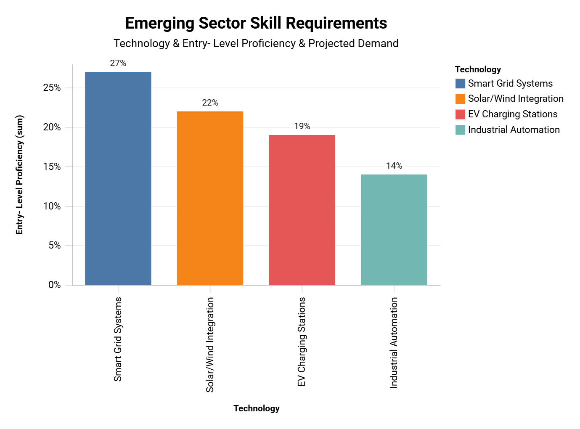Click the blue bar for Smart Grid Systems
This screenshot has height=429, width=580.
pos(118,178)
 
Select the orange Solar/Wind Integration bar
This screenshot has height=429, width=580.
pos(210,198)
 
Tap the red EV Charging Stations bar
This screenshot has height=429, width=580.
pos(302,210)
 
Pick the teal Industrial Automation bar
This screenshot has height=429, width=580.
pos(394,230)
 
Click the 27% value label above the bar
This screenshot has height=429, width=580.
pos(118,63)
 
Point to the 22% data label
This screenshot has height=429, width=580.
pos(210,103)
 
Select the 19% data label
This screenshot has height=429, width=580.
pos(302,126)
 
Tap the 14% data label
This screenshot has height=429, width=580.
pos(394,166)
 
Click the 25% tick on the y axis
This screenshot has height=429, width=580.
pos(52,88)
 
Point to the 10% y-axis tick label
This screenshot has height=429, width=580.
pos(52,206)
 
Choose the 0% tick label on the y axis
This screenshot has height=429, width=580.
pos(54,285)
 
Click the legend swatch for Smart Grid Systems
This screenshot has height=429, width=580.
pos(460,83)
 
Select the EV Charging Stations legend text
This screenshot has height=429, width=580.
pos(512,114)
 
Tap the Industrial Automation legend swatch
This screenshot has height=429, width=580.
pos(460,130)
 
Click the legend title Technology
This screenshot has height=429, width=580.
pos(478,69)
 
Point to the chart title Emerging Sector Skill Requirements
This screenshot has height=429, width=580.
pos(256,23)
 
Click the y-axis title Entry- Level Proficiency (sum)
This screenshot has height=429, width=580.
pos(19,175)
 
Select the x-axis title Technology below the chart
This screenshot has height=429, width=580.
pos(256,408)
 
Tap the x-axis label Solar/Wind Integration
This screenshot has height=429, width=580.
pos(210,344)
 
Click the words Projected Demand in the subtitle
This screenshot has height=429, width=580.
pos(353,43)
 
